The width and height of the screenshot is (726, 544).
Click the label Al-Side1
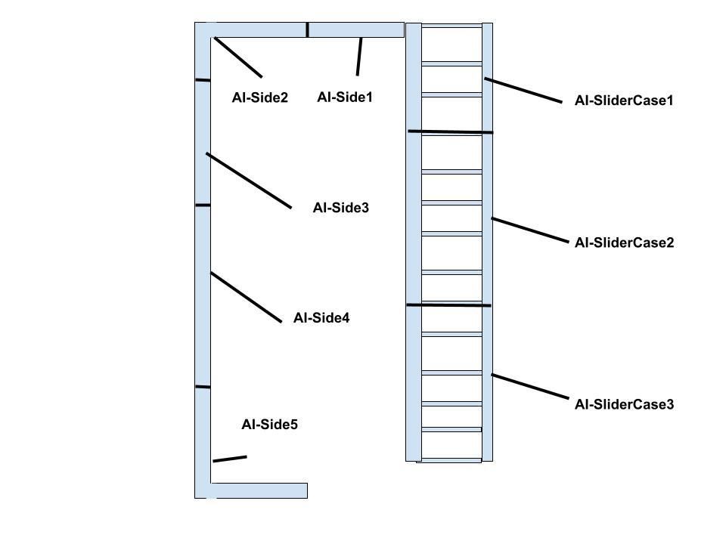pos(345,97)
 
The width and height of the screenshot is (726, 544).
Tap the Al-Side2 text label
pos(259,97)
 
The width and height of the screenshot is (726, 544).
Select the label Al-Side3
pos(341,208)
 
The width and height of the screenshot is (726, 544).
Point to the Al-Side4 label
pos(321,318)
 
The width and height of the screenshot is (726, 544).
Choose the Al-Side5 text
pos(269,425)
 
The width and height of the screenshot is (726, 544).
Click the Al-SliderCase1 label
pos(624,100)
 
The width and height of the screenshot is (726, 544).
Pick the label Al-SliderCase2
pos(624,243)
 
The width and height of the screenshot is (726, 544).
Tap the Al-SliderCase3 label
pos(624,404)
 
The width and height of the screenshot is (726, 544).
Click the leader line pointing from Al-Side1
pos(359,57)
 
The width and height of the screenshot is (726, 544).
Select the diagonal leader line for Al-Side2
pos(238,57)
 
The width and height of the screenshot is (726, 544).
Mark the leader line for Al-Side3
pos(249,181)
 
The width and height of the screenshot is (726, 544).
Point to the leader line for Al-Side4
pos(246,297)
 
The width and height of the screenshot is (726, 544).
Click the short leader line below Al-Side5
pos(230,459)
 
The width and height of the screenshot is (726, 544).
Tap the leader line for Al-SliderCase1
pos(523,90)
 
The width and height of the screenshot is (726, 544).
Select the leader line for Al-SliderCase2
pos(529,230)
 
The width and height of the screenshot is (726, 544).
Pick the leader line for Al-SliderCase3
pos(529,386)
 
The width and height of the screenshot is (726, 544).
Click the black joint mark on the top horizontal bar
pos(307,29)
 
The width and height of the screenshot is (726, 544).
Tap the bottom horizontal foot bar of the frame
pos(259,491)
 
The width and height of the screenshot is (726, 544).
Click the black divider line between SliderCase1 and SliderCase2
pos(451,131)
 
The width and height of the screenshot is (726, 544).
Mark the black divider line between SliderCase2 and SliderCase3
pos(448,305)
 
